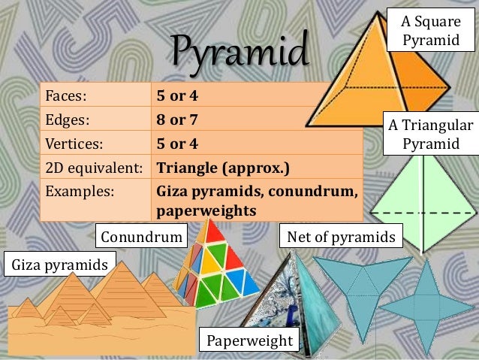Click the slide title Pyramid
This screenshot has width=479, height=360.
tap(239, 52)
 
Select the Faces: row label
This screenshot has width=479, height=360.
tap(67, 96)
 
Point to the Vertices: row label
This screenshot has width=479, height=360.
tap(75, 143)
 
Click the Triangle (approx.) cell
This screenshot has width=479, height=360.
tap(222, 166)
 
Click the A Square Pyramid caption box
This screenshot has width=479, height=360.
tap(430, 31)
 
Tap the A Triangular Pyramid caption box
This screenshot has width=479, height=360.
tap(430, 134)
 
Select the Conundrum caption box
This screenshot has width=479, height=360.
tap(143, 237)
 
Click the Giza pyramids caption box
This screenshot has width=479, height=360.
tap(59, 265)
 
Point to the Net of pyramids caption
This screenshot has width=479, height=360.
tap(341, 237)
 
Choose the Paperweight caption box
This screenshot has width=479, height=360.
tap(249, 340)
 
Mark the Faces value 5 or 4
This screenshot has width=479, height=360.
tap(177, 96)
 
